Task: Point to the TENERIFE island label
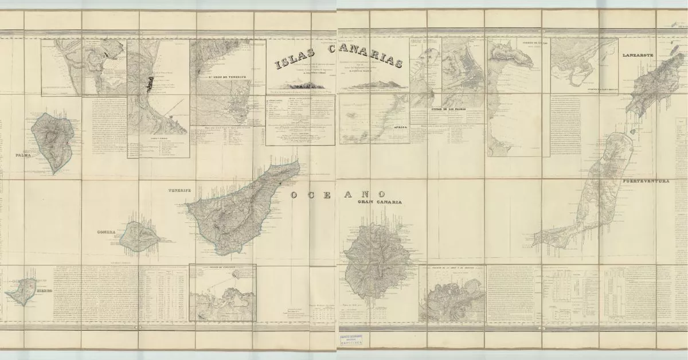179,190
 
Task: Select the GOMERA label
107,232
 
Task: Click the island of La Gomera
138,237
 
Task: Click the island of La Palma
53,141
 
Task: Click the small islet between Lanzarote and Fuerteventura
632,131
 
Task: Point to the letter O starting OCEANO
294,195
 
